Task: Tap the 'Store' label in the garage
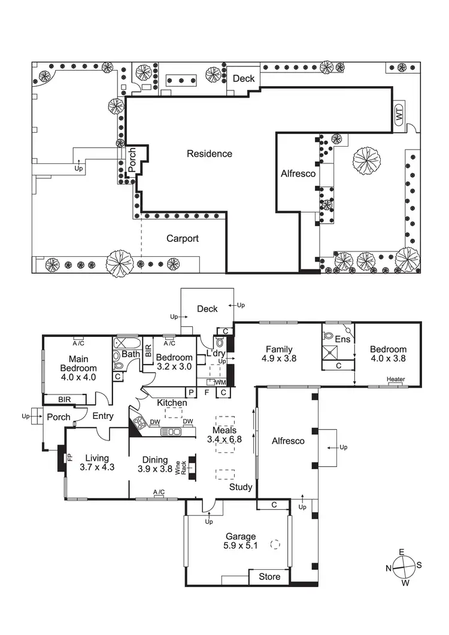(x=269, y=577)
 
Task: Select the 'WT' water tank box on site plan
(x=399, y=116)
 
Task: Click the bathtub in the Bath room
(x=126, y=344)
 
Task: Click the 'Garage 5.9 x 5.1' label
(x=241, y=541)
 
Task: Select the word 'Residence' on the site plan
(x=209, y=154)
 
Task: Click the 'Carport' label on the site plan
(x=182, y=238)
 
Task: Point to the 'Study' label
(x=241, y=487)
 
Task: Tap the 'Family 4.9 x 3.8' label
(x=280, y=354)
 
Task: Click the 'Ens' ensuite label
(x=342, y=339)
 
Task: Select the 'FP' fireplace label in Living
(x=69, y=458)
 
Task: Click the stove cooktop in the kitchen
(x=139, y=423)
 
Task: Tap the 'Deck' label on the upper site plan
(x=244, y=78)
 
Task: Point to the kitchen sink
(x=171, y=432)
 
